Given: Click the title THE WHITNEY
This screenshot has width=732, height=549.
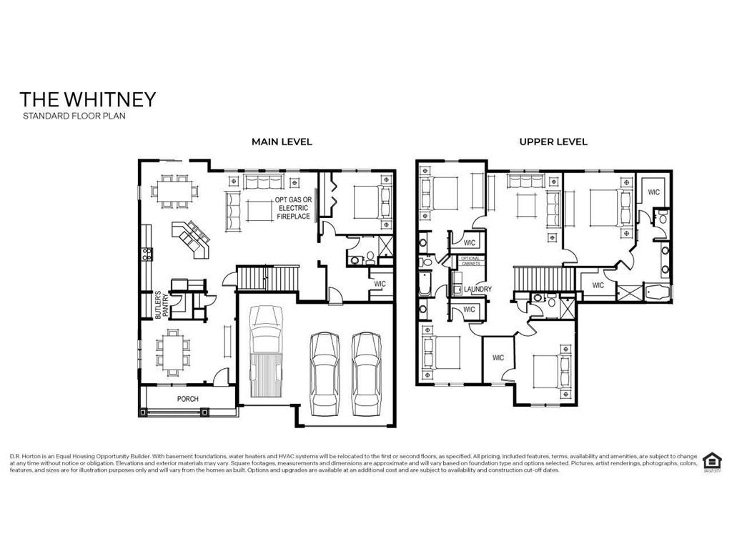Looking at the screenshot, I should (87, 99).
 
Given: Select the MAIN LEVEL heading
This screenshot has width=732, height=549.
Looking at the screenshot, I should (282, 142).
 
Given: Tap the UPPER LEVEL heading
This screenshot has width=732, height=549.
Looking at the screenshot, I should (553, 142).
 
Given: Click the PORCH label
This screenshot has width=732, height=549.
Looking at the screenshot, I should (188, 399).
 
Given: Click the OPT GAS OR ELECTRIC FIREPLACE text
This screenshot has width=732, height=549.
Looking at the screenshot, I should (293, 207).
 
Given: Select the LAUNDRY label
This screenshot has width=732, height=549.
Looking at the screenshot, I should (478, 290).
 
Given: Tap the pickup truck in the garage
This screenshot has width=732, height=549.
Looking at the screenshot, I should (264, 352).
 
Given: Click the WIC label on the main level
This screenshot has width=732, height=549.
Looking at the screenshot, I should (380, 284).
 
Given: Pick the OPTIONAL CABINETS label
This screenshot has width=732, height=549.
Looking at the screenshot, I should (470, 260).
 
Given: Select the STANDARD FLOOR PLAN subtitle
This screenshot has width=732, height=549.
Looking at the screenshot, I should (74, 116).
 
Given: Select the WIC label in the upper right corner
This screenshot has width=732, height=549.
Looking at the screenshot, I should (653, 192).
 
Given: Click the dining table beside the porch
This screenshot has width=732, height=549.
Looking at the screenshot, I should (172, 352).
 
